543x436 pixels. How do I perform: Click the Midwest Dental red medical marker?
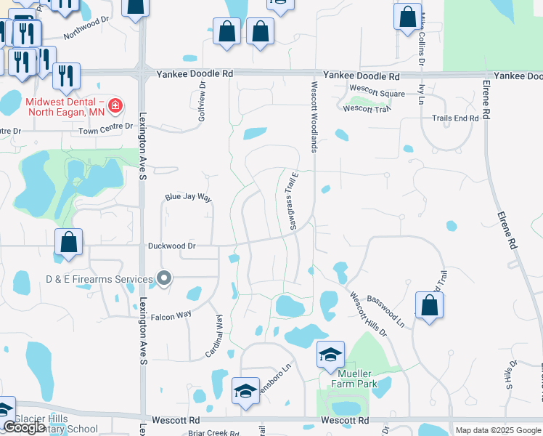click(115, 108)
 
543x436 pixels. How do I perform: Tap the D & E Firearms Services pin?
click(165, 278)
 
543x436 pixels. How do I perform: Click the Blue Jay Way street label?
click(188, 197)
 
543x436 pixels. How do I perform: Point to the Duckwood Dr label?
click(172, 246)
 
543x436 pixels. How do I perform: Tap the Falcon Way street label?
click(170, 315)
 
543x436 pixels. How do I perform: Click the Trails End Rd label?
click(455, 118)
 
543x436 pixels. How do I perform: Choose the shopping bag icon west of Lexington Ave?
click(68, 243)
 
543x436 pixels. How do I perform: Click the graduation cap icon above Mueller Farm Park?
click(330, 355)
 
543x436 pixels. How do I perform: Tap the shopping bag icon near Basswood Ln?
click(430, 306)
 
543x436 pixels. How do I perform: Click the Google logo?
click(24, 428)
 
